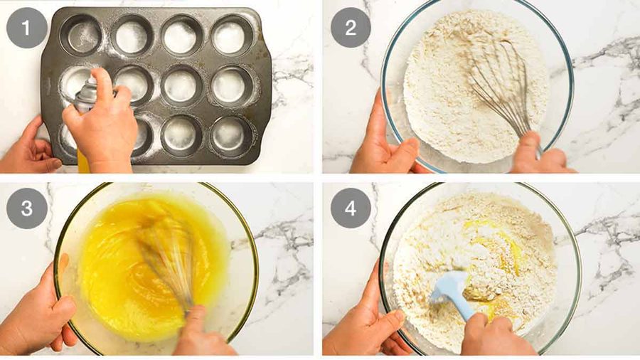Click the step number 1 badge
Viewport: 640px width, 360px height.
[27, 28]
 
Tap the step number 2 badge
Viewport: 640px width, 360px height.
[351, 28]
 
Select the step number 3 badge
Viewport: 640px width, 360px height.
[27, 208]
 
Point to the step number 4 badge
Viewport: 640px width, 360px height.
[351, 208]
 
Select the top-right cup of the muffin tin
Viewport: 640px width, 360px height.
[233, 36]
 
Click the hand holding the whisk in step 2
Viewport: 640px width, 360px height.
[539, 153]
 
